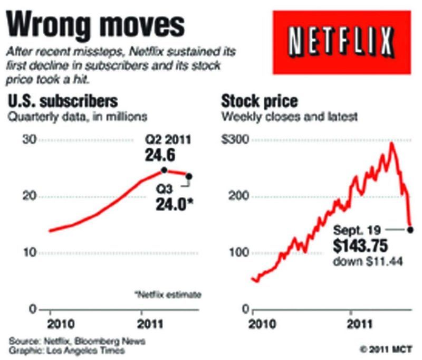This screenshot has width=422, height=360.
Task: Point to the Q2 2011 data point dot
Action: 164,170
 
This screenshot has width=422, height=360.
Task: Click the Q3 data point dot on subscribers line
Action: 189,176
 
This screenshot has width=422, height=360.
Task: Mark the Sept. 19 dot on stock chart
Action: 410,229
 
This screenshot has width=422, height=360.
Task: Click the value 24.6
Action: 160,155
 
